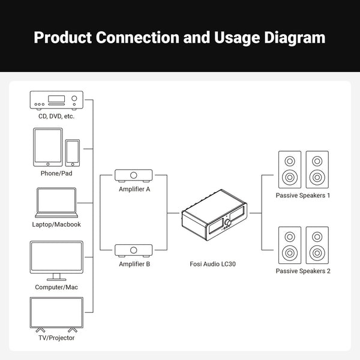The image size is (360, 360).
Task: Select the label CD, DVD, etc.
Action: [56, 116]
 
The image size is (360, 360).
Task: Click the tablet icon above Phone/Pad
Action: [48, 146]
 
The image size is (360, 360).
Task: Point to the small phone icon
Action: [73, 152]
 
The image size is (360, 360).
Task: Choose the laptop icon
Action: [56, 203]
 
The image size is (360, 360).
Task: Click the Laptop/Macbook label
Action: [56, 224]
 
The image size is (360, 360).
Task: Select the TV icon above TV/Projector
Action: [56, 314]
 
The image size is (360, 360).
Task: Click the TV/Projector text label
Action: [56, 338]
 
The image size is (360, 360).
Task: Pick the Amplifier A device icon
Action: [134, 176]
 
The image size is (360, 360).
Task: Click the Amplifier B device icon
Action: [134, 250]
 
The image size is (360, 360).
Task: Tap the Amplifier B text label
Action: [134, 264]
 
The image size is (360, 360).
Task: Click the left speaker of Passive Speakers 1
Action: [290, 169]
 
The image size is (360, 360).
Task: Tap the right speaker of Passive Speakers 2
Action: [317, 245]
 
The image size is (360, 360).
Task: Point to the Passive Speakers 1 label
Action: [303, 196]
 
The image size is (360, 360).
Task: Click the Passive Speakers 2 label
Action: [303, 271]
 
